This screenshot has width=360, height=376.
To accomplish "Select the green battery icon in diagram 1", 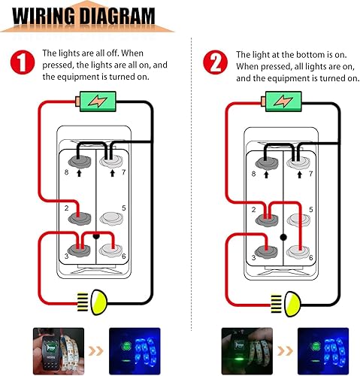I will tap(95, 99).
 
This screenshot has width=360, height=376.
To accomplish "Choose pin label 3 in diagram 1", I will tap(66, 256).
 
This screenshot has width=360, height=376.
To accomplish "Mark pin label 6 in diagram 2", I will tap(310, 257).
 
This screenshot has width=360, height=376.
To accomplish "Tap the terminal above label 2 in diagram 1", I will tap(78, 218).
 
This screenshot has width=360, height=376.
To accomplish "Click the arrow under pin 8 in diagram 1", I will tap(78, 174).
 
